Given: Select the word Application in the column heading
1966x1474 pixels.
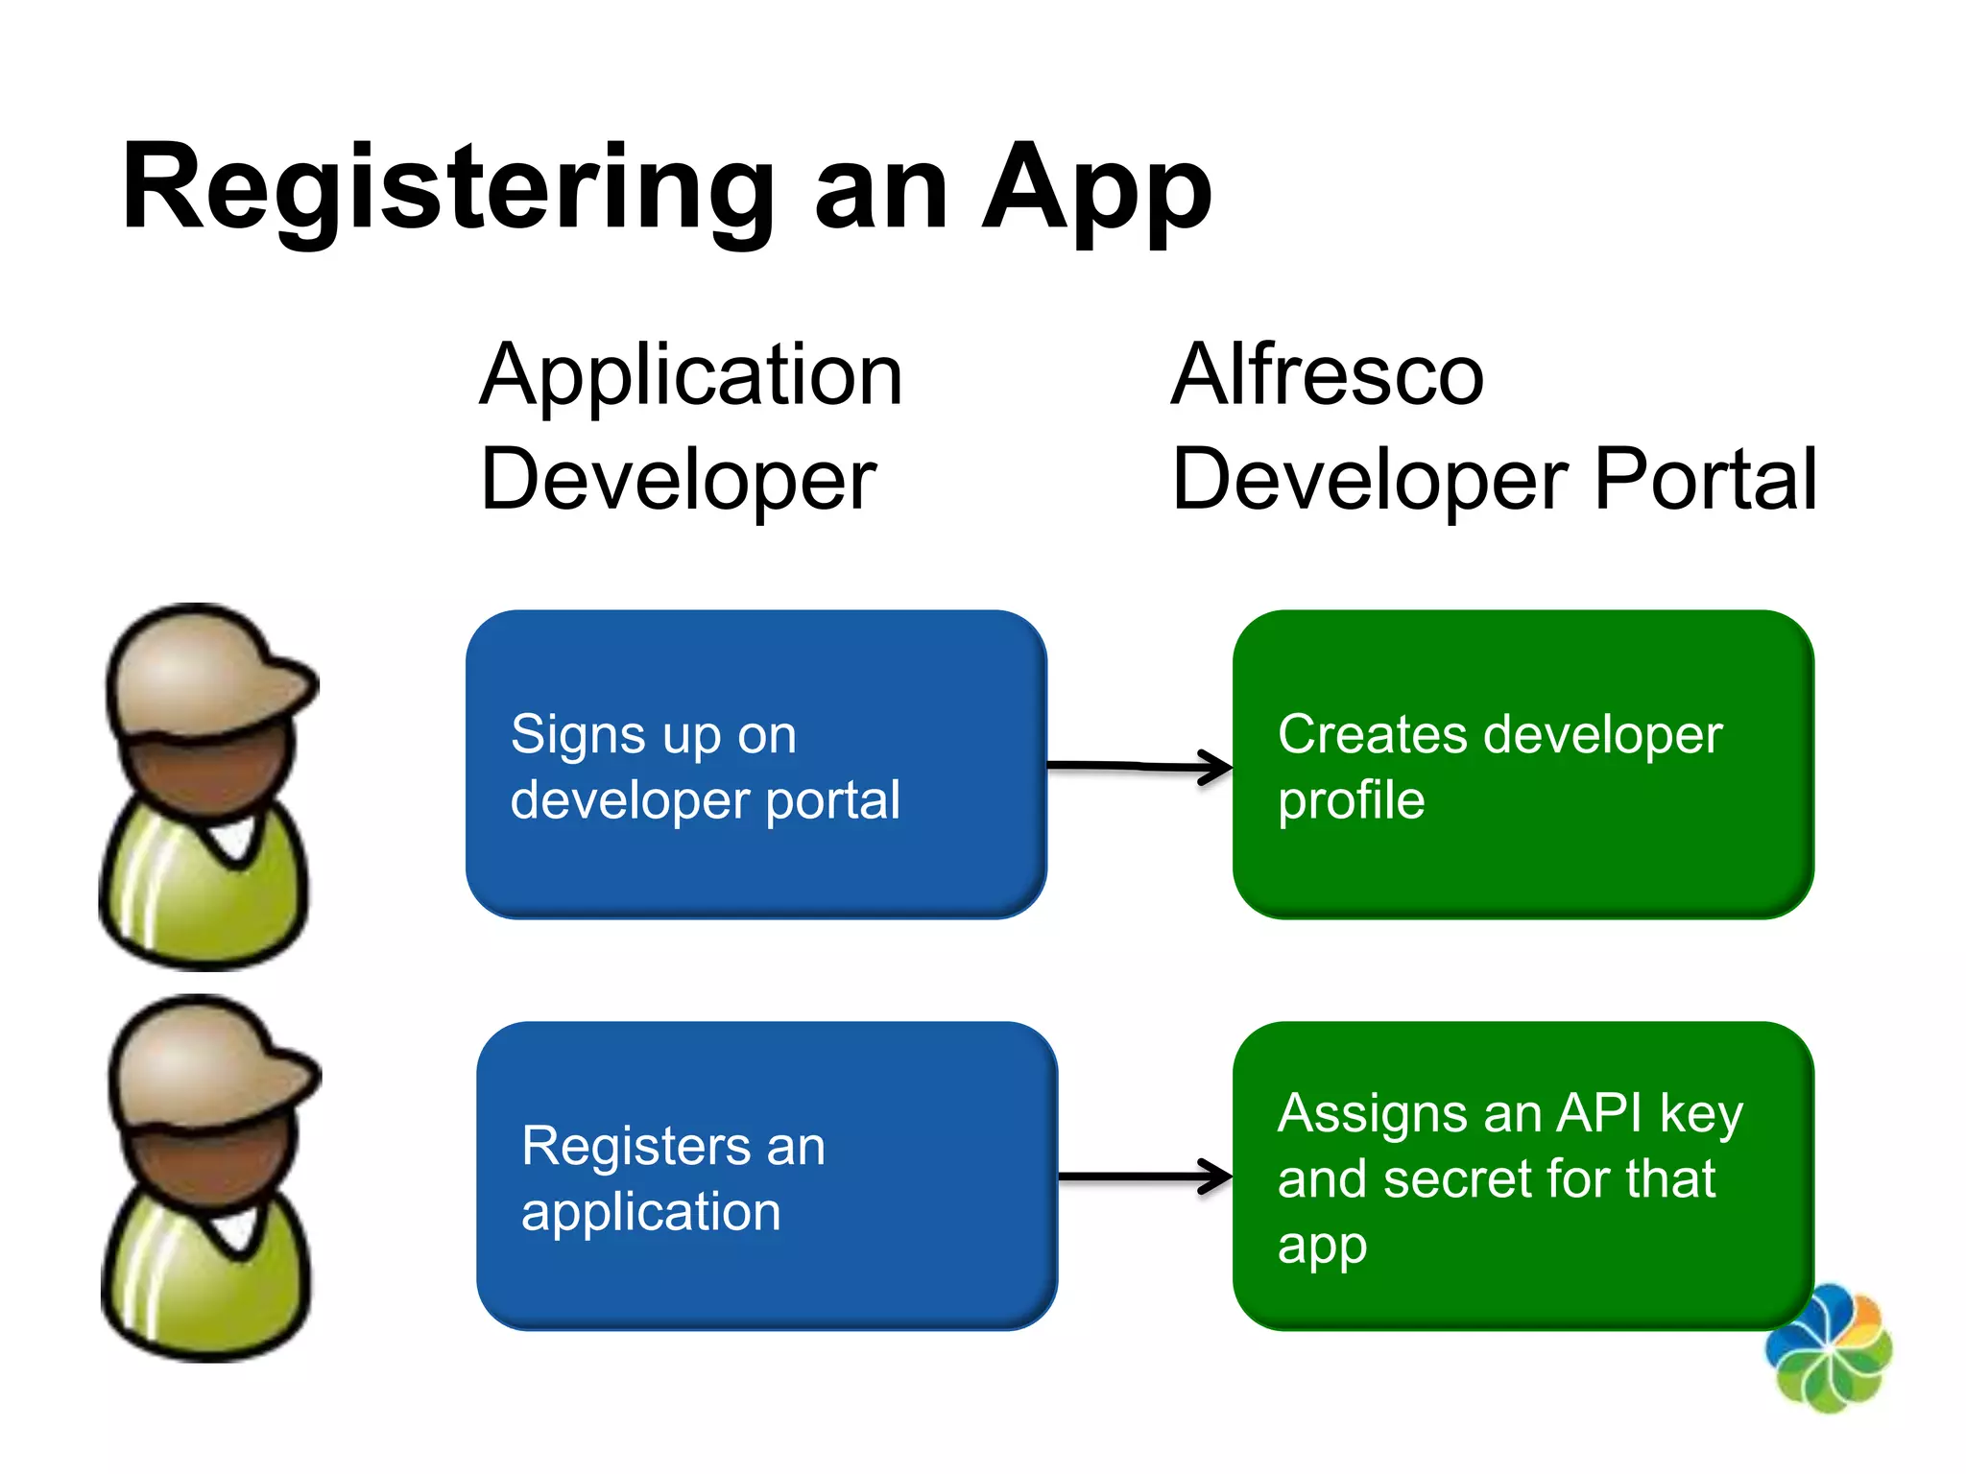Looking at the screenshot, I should click(691, 376).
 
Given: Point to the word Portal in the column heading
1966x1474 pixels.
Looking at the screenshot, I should click(1705, 479).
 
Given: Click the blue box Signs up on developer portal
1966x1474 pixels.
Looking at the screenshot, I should click(755, 765).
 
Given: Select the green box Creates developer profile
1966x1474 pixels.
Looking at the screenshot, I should click(1522, 765).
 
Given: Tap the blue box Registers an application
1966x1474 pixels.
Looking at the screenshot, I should click(766, 1176).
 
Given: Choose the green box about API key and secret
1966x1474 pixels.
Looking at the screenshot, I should click(1522, 1176).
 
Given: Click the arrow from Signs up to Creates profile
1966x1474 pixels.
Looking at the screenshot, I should click(1139, 767).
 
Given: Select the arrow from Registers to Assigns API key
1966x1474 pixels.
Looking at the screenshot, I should click(1144, 1177).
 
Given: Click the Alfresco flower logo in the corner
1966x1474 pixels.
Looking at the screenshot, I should click(1828, 1348).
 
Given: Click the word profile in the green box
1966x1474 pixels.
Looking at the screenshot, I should click(1351, 801).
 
